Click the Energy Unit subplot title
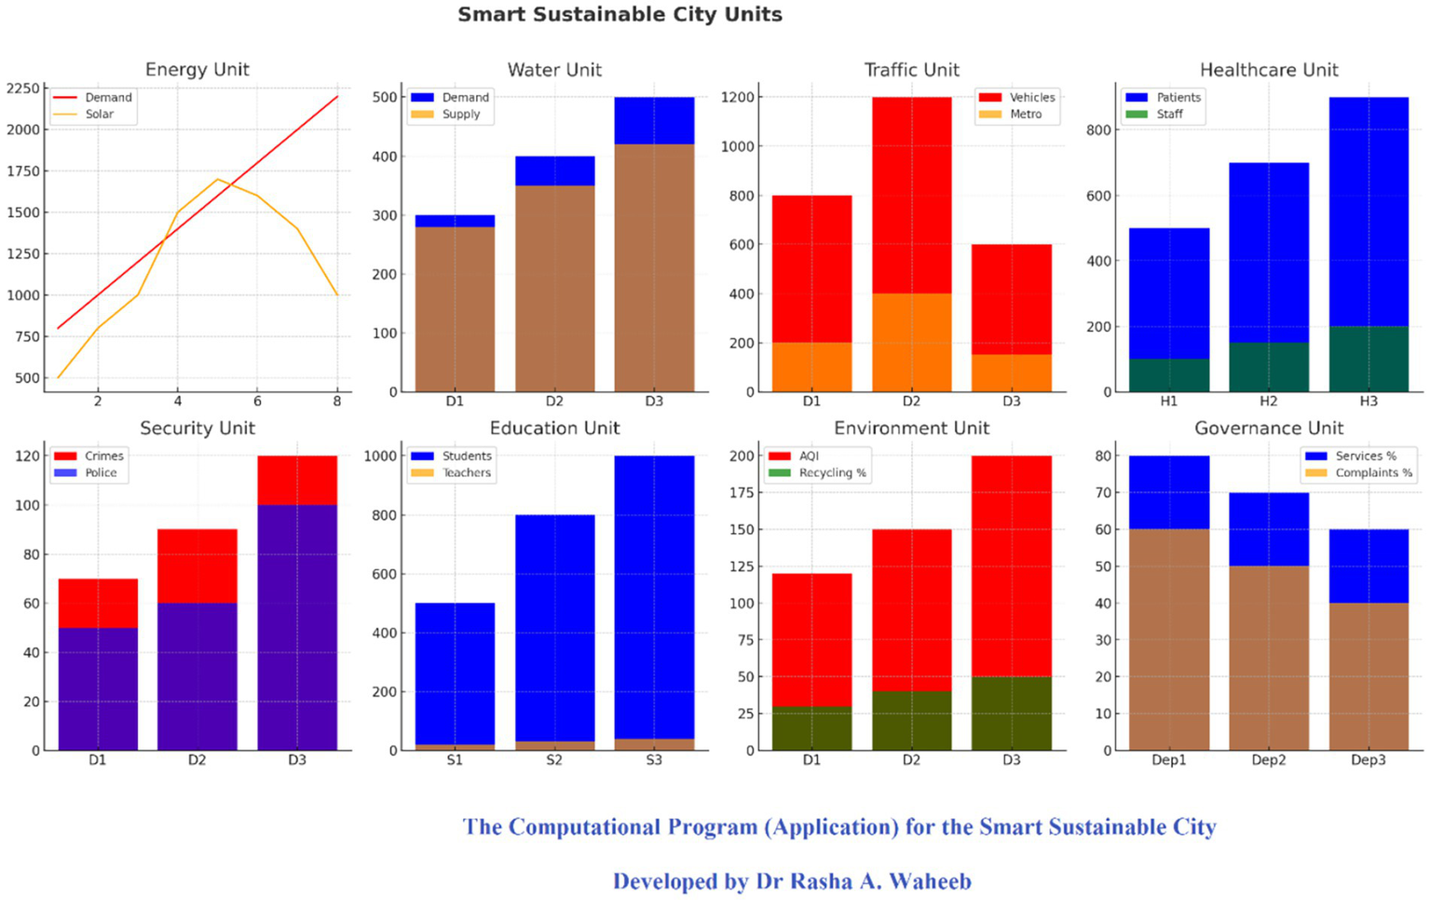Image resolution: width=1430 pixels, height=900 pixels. [197, 70]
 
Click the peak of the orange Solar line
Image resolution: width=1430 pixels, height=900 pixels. [217, 179]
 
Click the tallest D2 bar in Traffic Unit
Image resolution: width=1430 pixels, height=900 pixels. [911, 242]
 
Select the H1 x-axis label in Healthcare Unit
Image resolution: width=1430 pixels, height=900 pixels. [1169, 402]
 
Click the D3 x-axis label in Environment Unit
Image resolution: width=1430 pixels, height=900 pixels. [1011, 760]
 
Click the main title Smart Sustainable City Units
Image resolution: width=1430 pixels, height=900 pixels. [620, 15]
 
